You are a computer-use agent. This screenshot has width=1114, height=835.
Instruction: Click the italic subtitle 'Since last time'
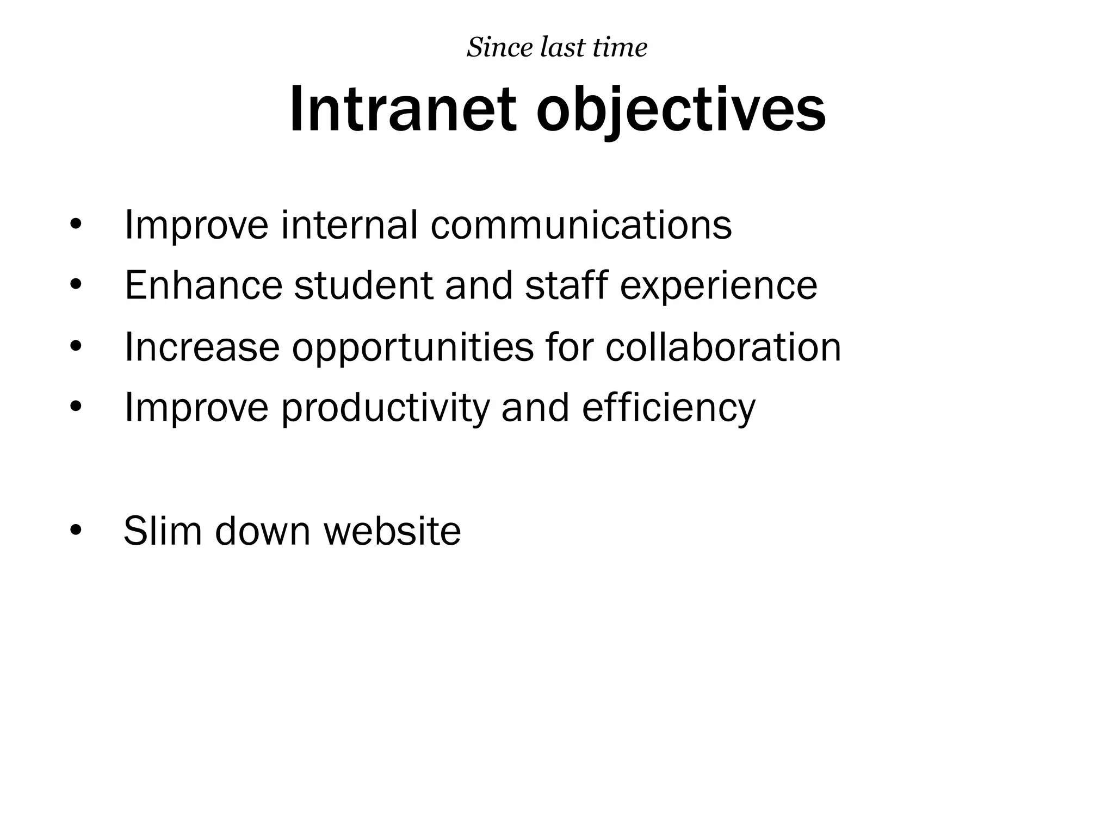[x=557, y=48]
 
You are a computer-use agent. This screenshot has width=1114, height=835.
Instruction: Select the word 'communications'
[x=581, y=225]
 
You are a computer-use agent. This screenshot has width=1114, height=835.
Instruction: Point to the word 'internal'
[x=349, y=225]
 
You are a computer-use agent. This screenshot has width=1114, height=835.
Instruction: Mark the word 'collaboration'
[x=723, y=347]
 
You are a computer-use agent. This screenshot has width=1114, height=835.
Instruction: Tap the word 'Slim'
[x=163, y=531]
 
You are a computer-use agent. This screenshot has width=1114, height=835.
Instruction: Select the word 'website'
[x=392, y=531]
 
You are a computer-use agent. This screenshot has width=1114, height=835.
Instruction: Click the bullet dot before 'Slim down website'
[x=76, y=531]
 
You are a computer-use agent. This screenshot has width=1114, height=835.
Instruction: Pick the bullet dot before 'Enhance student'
[x=76, y=285]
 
